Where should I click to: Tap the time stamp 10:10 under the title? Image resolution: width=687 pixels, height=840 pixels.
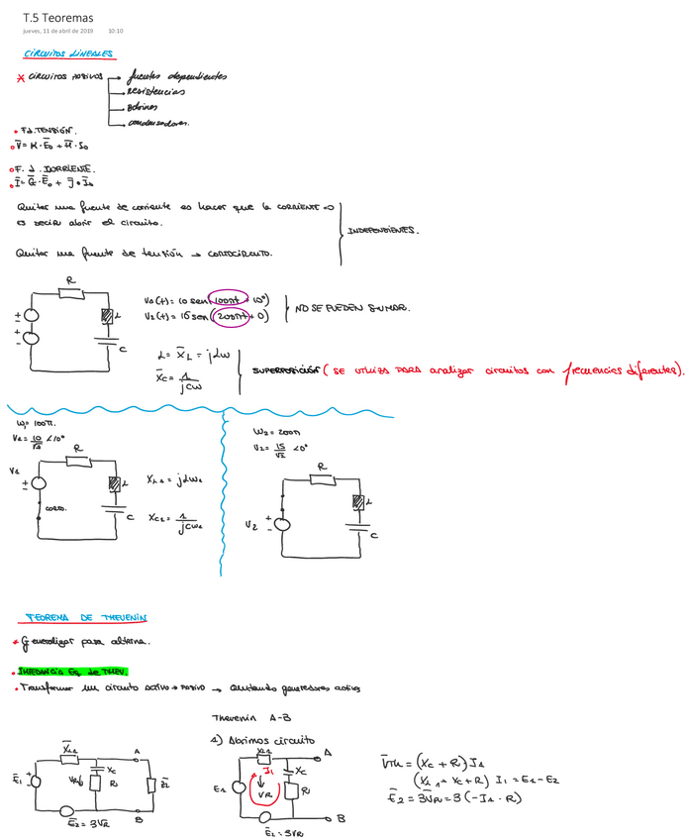(x=116, y=31)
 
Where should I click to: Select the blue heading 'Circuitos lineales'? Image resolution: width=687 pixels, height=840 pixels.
(x=68, y=53)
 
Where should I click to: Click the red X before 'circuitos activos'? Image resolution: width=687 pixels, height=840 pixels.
(x=21, y=79)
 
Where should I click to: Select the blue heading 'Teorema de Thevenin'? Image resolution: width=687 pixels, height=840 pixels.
(x=86, y=617)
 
